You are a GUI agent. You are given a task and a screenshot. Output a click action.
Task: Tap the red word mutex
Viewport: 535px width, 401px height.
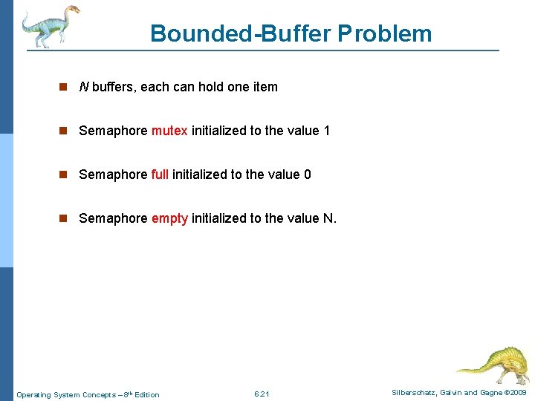point(169,131)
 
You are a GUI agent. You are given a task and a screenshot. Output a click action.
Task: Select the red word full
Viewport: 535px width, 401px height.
point(160,175)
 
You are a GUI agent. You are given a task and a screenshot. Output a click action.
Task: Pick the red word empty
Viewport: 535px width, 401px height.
point(169,218)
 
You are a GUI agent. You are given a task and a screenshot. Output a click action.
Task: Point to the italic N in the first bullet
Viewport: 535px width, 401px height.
point(84,87)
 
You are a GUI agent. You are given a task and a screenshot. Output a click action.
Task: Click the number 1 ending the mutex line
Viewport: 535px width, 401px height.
point(326,131)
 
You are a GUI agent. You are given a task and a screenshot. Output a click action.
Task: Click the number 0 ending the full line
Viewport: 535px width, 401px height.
point(308,175)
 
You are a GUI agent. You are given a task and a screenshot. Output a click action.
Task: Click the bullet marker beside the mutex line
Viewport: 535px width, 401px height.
point(64,131)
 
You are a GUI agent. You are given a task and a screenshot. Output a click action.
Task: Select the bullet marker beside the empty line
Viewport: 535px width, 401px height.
point(64,218)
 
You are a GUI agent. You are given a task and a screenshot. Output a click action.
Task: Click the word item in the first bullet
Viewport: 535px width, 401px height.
point(265,87)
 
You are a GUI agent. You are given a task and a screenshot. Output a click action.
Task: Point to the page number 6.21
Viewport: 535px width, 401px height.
point(262,394)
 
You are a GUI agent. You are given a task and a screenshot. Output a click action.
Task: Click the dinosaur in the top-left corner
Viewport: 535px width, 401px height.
point(49,26)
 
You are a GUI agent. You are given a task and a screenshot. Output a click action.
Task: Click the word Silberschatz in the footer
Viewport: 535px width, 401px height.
point(417,393)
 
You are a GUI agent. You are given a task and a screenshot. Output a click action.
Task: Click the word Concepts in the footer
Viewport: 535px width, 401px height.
point(100,394)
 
